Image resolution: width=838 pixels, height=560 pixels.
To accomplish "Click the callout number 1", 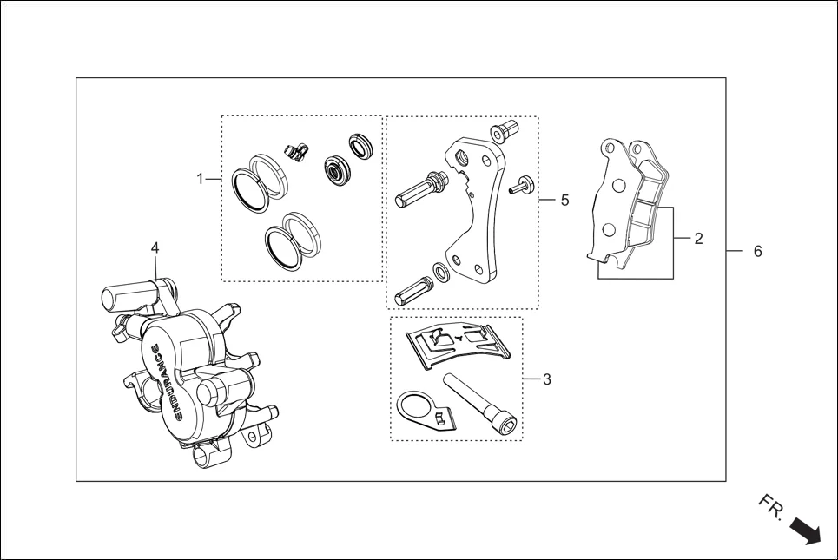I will coord(200,179).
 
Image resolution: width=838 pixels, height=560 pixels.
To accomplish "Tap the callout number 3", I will coord(547,379).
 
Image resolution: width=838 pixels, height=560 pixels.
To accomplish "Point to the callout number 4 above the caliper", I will coord(155,248).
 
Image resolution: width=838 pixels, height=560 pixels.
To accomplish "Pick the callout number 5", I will coord(564,200).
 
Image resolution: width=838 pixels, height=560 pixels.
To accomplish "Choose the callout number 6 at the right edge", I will coord(757,251).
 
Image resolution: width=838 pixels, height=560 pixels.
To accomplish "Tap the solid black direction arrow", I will coord(805,531).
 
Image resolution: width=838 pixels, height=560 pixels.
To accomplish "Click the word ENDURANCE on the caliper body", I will coord(166,382).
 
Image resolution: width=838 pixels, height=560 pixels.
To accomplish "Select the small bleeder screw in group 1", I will coord(298,151).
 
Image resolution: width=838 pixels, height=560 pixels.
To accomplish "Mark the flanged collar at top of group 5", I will coord(504,131).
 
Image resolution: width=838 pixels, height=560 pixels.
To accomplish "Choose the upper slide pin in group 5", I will coord(421,189).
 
